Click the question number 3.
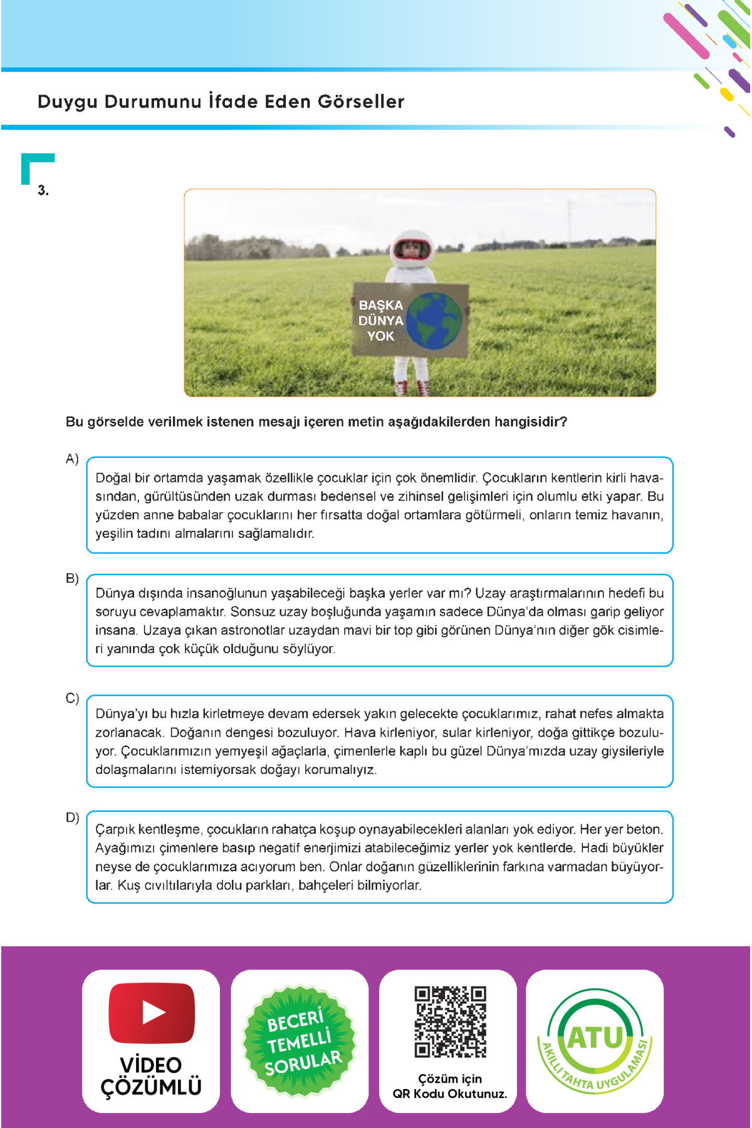[x=43, y=191]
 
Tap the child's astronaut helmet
[x=412, y=249]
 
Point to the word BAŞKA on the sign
[x=380, y=305]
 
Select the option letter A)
[x=72, y=459]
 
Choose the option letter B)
[x=72, y=578]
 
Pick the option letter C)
[x=72, y=698]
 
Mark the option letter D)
[x=72, y=817]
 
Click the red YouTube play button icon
[x=152, y=1012]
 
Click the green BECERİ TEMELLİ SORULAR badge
[x=300, y=1041]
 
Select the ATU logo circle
[x=595, y=1040]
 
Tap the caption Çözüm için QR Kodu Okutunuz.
[x=449, y=1086]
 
